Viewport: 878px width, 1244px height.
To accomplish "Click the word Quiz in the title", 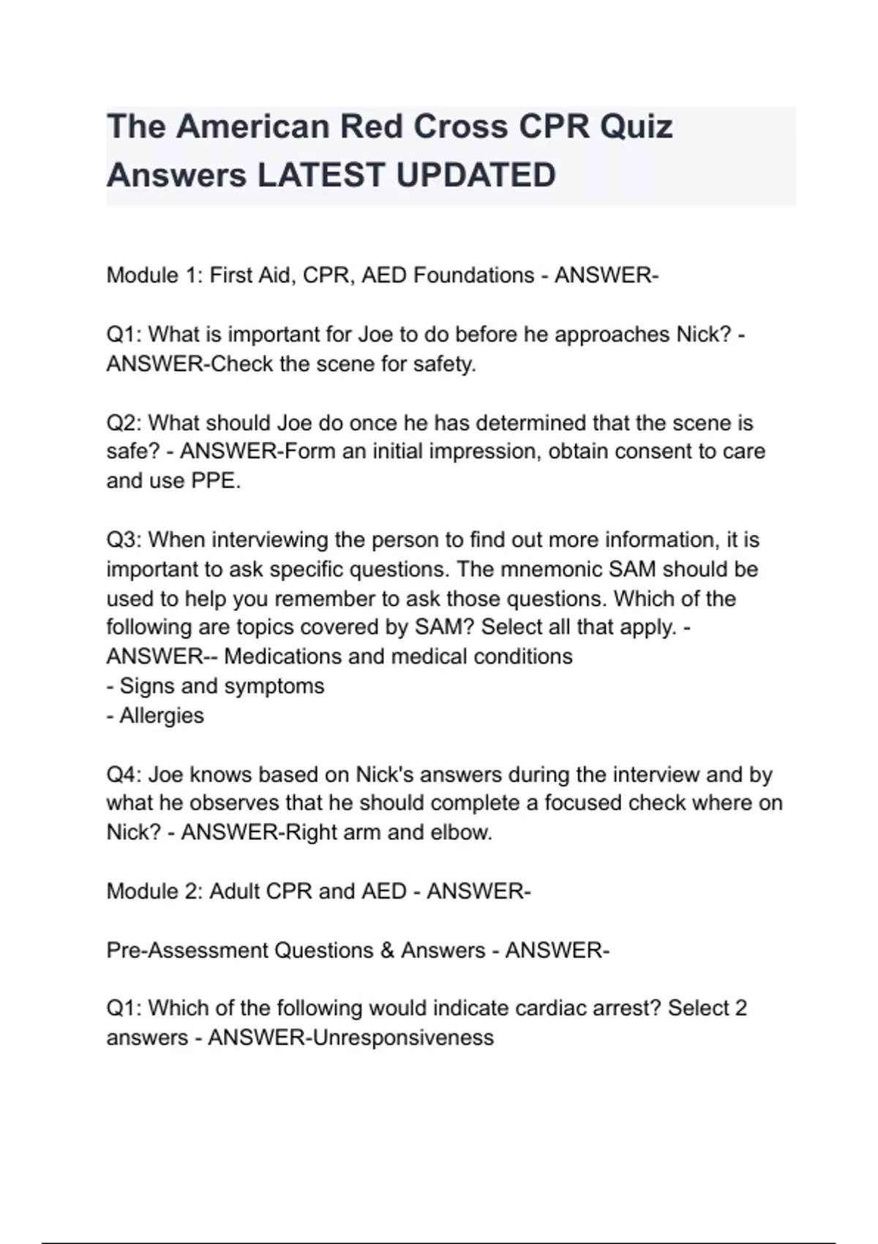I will pos(636,127).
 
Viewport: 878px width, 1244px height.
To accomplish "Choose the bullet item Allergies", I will pos(162,715).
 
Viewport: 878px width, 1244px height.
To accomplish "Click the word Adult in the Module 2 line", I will pos(234,891).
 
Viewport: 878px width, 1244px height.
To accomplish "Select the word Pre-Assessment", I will pos(187,950).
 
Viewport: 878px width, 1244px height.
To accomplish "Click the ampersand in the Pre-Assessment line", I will pos(387,950).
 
